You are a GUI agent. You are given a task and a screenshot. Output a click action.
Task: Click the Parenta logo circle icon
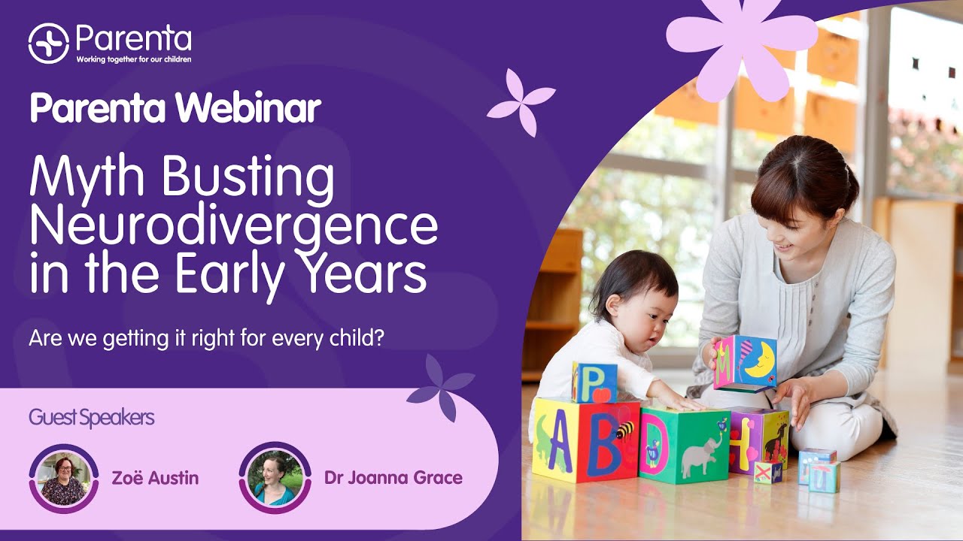(48, 43)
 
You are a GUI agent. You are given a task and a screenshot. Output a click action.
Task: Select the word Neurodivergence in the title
(233, 225)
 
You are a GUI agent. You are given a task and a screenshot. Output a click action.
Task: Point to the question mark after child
(379, 338)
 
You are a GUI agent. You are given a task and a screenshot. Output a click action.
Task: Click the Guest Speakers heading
(91, 418)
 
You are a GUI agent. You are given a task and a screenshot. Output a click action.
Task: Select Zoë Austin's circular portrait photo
(64, 477)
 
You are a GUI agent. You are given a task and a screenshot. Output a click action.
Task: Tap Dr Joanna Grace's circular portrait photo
(275, 477)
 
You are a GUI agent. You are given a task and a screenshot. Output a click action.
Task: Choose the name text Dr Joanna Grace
(393, 478)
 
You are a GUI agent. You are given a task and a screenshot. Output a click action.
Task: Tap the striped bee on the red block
(624, 431)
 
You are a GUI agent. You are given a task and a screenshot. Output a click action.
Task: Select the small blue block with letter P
(594, 382)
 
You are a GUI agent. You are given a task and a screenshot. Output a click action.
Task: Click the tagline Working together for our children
(133, 59)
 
